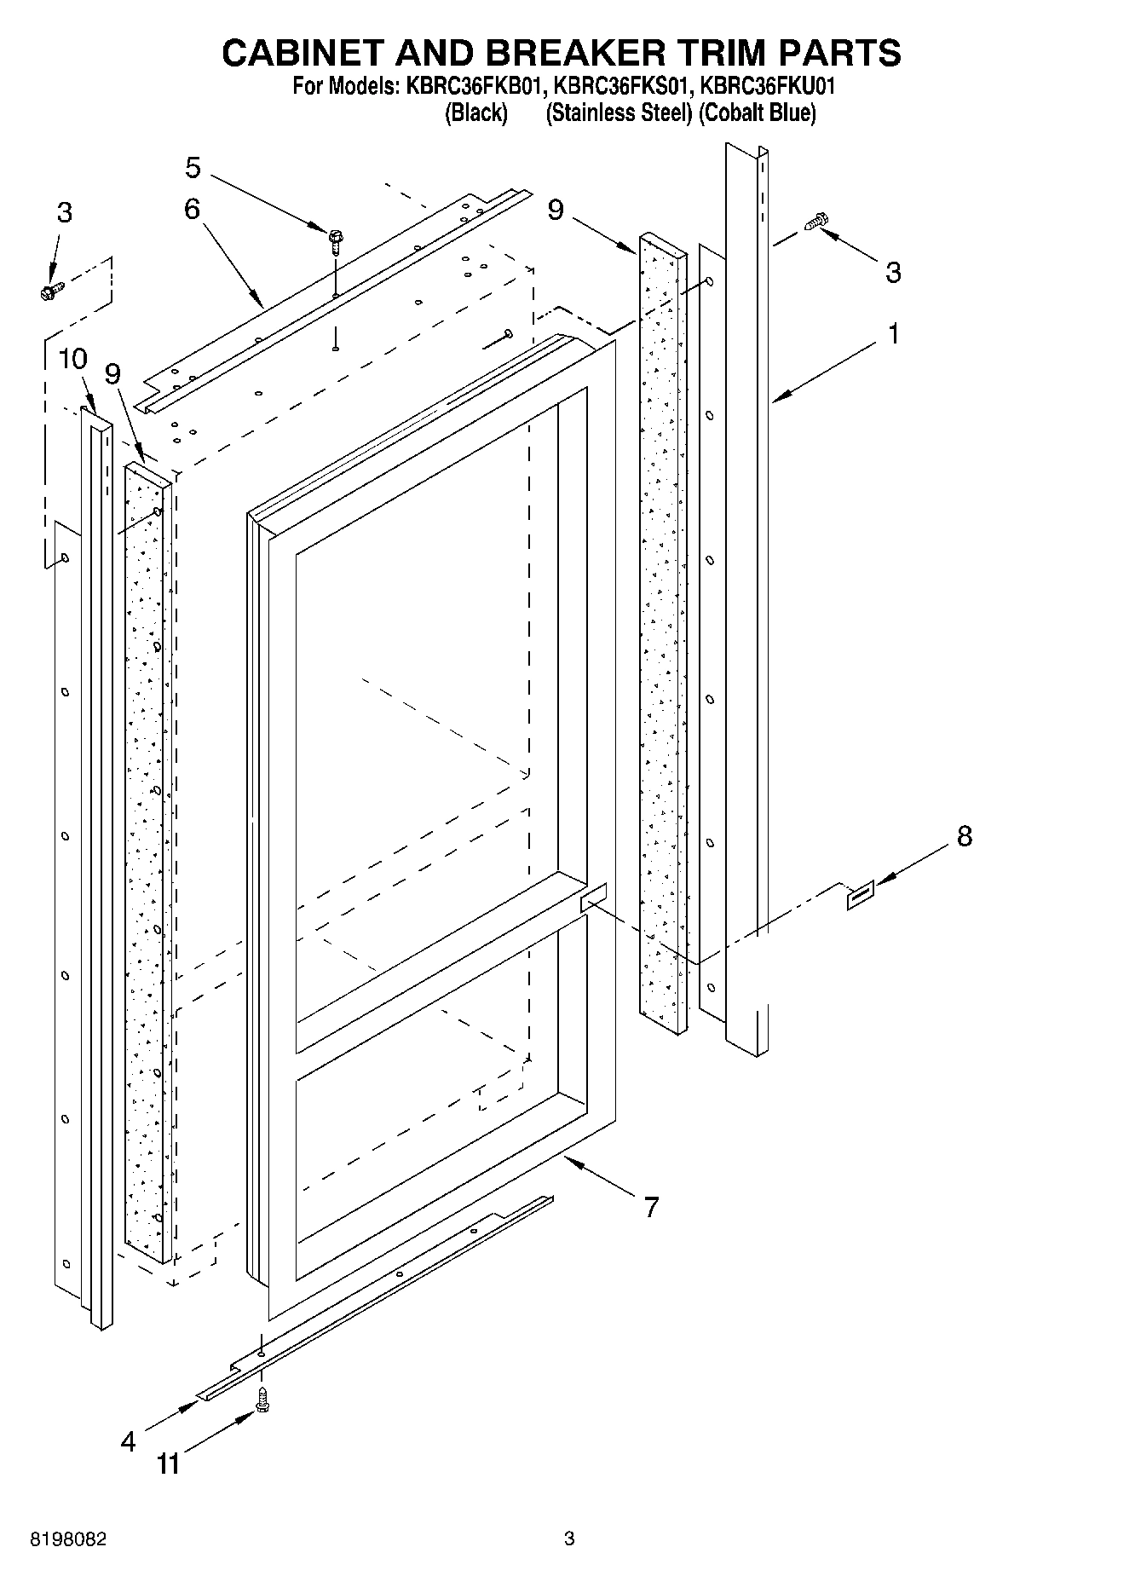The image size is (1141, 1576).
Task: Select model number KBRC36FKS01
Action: coord(622,87)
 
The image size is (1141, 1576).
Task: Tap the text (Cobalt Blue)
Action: coord(757,113)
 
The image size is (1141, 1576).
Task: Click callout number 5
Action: coord(193,168)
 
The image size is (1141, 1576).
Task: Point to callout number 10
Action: coord(73,359)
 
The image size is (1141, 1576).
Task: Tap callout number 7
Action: coord(651,1207)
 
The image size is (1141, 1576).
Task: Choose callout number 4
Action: coord(128,1441)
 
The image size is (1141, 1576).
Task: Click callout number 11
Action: coord(169,1464)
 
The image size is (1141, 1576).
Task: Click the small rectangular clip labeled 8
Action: coord(859,897)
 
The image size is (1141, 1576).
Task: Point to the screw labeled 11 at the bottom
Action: coord(262,1399)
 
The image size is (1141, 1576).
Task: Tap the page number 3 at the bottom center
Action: coord(569,1538)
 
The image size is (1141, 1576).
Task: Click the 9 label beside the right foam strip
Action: coord(556,209)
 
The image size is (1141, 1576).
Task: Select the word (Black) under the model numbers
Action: coord(476,113)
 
